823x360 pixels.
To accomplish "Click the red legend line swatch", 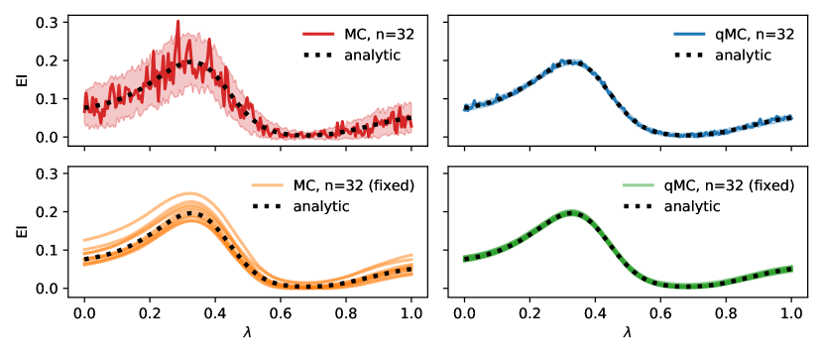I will (x=318, y=34).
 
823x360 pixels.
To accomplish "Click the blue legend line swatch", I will (x=689, y=34).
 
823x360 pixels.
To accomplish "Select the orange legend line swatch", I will (x=267, y=185).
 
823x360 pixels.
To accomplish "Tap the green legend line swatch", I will (x=638, y=185).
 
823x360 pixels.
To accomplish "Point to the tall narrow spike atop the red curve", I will (x=178, y=23).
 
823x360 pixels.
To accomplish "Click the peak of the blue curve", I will (x=570, y=61).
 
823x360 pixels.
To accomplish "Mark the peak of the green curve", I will (x=571, y=212).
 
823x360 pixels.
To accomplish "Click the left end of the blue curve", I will (x=464, y=108).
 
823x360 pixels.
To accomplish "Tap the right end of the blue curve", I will (x=791, y=118).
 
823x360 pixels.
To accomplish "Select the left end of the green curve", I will (x=464, y=259).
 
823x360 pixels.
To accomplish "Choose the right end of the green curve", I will (x=791, y=268).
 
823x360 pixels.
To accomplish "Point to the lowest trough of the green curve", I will (x=689, y=286).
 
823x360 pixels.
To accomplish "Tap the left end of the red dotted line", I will (x=85, y=107).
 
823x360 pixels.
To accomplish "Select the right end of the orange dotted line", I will (x=411, y=268).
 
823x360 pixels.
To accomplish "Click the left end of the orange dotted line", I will (x=85, y=262).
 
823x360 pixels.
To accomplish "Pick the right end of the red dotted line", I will (x=411, y=119).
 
